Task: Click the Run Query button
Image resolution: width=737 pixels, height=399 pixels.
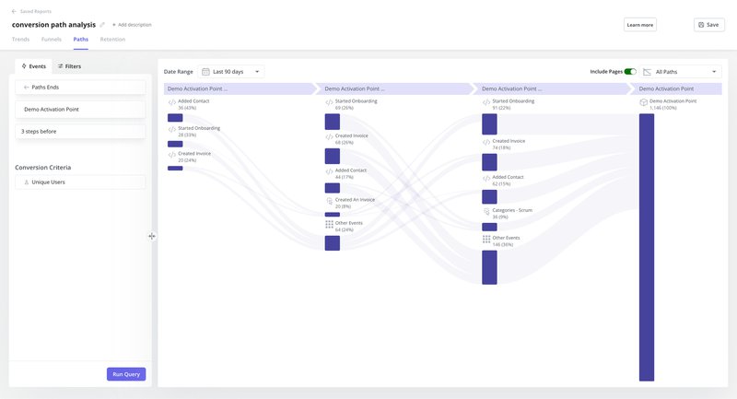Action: pos(126,374)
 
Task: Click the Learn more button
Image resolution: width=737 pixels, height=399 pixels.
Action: pos(639,25)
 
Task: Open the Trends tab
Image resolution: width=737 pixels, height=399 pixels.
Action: pos(20,40)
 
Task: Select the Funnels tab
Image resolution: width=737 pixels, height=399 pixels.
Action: pos(52,40)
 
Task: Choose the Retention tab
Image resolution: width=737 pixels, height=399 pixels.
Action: pos(112,40)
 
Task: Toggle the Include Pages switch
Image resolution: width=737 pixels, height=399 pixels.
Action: pos(630,71)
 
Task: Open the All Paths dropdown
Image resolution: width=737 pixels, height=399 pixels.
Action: pos(681,71)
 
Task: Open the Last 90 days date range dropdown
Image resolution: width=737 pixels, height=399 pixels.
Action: pos(231,71)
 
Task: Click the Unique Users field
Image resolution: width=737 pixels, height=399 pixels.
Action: pos(80,182)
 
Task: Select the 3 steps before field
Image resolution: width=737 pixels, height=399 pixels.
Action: pos(80,132)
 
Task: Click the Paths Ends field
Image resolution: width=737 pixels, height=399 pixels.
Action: pos(80,87)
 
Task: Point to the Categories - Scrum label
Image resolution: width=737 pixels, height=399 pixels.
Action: pos(512,210)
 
